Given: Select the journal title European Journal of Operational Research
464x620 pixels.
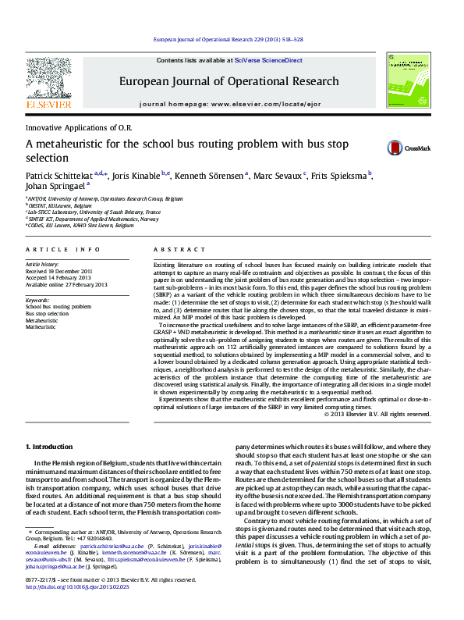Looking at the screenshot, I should click(x=229, y=80).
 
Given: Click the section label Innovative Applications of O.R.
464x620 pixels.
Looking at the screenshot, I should click(x=80, y=126).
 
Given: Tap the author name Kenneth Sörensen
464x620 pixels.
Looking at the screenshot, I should click(x=207, y=176).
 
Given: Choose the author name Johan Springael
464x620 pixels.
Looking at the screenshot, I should click(x=55, y=187).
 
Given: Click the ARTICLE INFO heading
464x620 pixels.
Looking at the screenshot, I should click(x=63, y=249).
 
